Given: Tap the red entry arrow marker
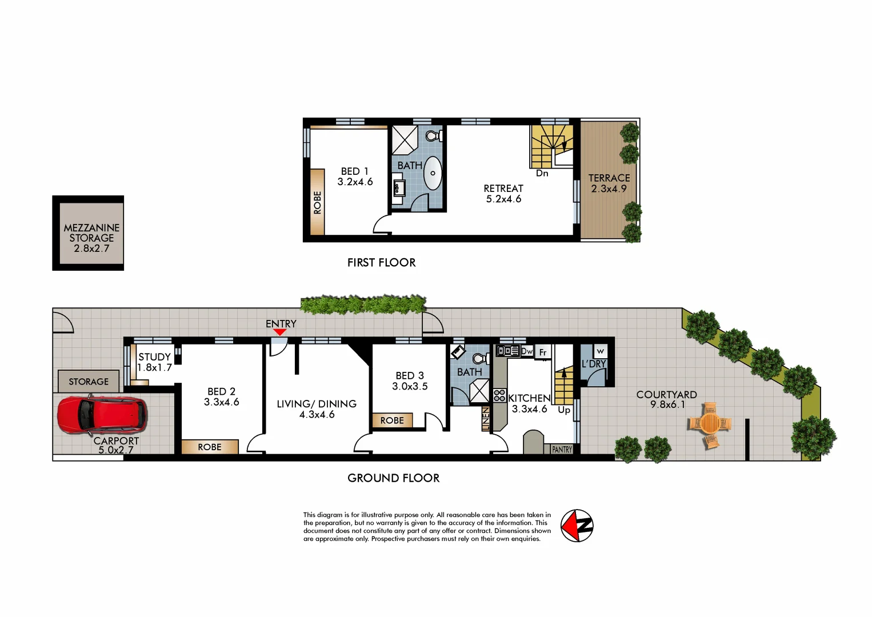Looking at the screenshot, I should coord(279,332).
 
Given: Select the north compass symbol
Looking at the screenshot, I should coord(577,526).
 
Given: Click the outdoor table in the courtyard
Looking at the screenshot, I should coord(710,424).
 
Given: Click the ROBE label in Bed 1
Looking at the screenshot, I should coord(318,202).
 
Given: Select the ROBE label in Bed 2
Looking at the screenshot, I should coord(210,447).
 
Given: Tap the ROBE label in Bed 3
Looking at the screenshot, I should coord(392,420).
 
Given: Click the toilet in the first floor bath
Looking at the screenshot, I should coord(434,136).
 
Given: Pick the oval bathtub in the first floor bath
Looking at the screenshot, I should coord(433,173).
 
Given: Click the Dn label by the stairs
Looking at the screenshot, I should coord(542,173).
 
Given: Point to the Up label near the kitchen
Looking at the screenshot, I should coord(564,410).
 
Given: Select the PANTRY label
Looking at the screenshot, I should coord(562,450).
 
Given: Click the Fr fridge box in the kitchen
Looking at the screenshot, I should coord(543,352).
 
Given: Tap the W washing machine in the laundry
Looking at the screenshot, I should coord(600,351).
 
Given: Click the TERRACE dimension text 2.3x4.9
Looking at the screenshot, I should coord(609,189).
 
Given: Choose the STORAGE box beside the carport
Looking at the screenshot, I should coord(89,382).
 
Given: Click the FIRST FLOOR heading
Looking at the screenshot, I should coord(381,263).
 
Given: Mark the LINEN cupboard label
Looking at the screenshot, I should coord(486,419).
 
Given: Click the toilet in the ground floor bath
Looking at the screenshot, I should coord(481,358).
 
